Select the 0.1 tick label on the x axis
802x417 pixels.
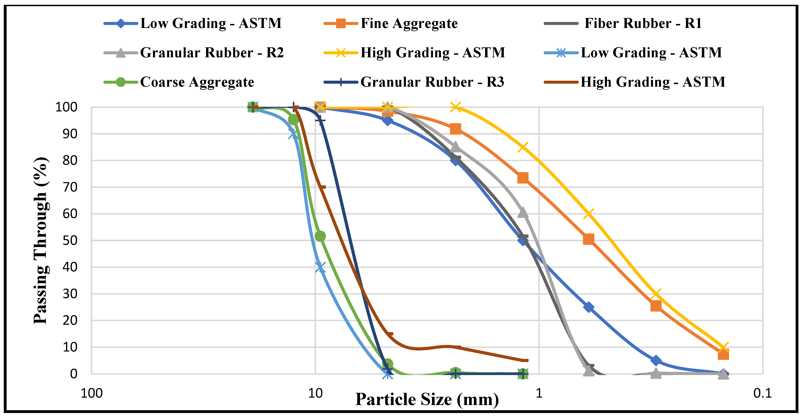pyautogui.click(x=763, y=393)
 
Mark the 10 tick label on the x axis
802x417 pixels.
pyautogui.click(x=315, y=393)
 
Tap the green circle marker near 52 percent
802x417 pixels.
pyautogui.click(x=320, y=236)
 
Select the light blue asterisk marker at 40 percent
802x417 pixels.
pyautogui.click(x=320, y=267)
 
